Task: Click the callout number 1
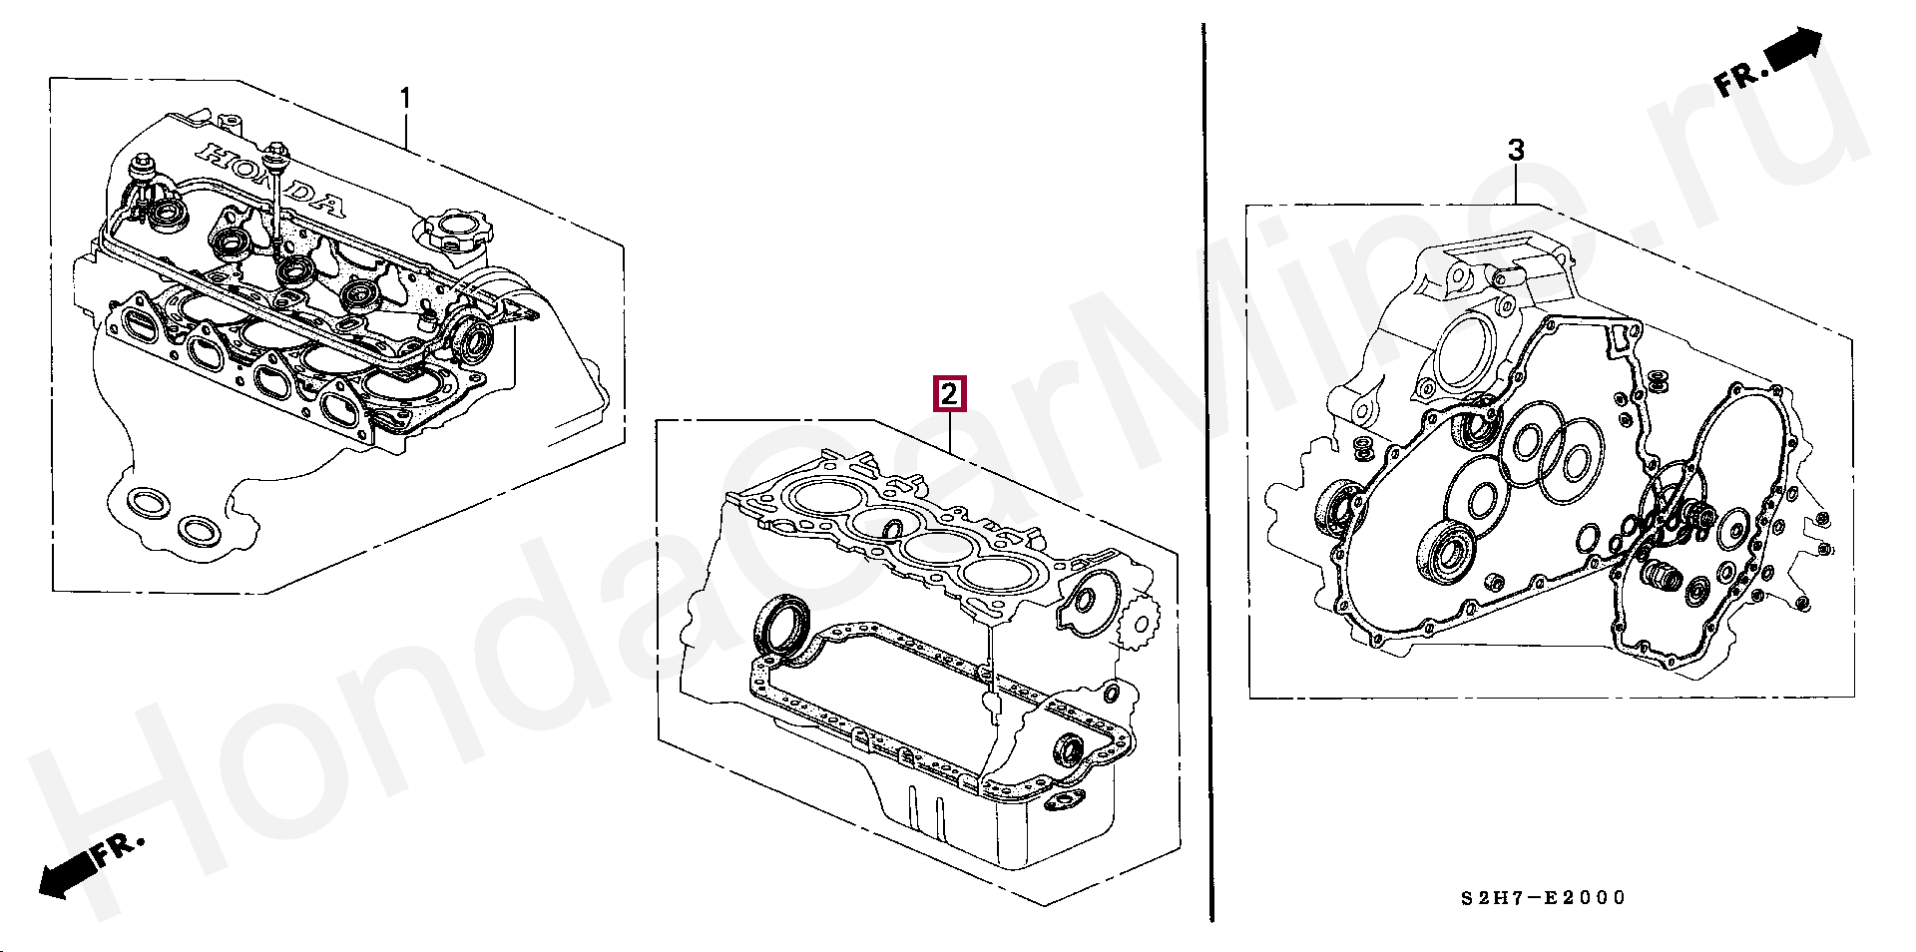click(405, 98)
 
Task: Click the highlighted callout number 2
click(948, 393)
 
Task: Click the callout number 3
click(1516, 150)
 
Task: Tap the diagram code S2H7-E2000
click(1544, 897)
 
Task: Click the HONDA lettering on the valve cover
click(271, 180)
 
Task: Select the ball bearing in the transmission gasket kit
click(1445, 551)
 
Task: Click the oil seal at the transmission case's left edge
click(1338, 507)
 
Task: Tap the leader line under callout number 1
click(405, 131)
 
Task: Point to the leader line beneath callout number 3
click(1517, 185)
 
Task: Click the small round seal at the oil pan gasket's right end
click(1070, 750)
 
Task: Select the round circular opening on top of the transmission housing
click(1463, 352)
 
